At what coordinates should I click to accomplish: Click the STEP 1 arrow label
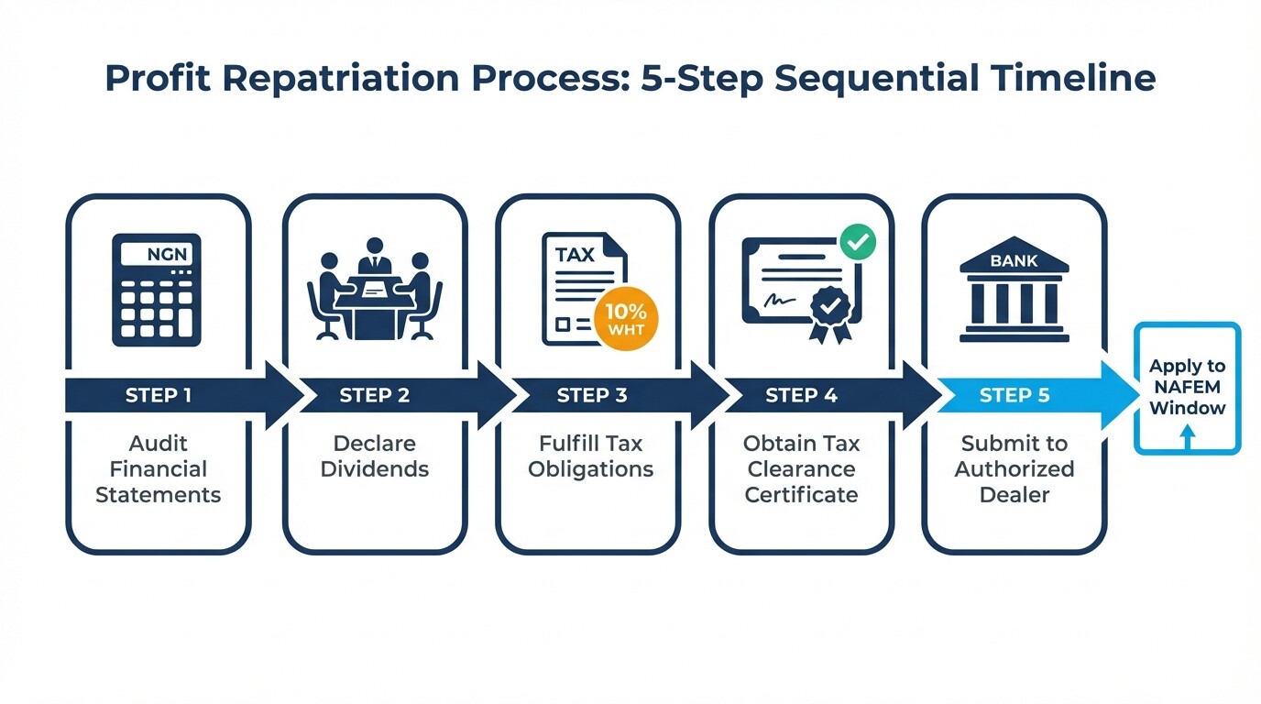tap(159, 396)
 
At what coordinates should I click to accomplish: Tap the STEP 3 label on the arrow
tap(592, 396)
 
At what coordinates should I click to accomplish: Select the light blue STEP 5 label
tap(1014, 396)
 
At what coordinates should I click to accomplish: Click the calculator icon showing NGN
tap(157, 290)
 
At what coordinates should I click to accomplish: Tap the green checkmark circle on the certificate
tap(858, 243)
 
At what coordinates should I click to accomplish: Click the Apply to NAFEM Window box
tap(1187, 388)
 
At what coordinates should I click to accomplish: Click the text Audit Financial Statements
tap(159, 469)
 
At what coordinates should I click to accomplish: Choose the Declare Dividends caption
tap(374, 456)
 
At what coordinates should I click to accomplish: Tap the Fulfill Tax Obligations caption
tap(591, 456)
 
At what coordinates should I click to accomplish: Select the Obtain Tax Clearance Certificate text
tap(802, 469)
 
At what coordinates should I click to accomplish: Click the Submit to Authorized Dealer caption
tap(1014, 469)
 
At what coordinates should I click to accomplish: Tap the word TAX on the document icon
tap(576, 254)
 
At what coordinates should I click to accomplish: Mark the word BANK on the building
tap(1014, 261)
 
